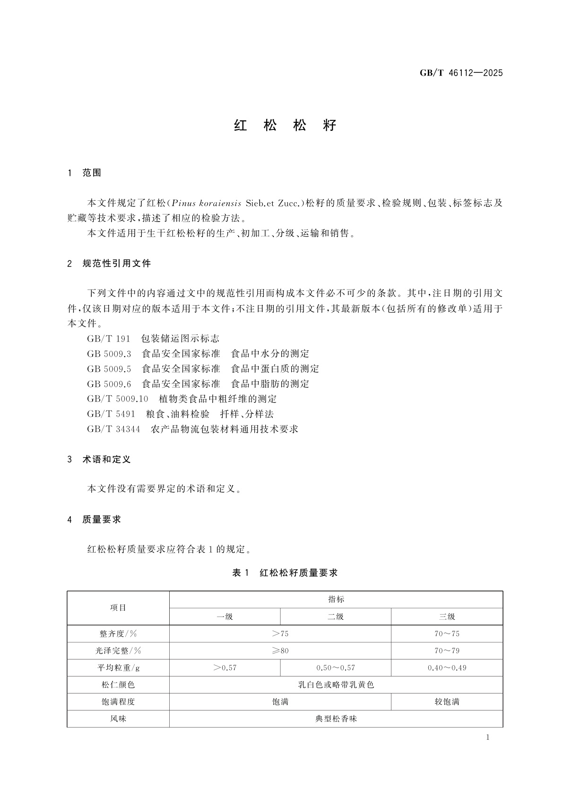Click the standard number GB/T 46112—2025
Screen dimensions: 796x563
click(x=461, y=73)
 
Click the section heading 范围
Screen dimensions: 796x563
click(x=92, y=173)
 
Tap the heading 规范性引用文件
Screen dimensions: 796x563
click(x=116, y=264)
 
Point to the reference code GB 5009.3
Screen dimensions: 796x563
click(x=109, y=354)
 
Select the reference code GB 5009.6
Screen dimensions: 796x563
click(x=109, y=384)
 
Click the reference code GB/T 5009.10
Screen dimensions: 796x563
click(x=117, y=399)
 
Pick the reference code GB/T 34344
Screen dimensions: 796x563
click(x=113, y=429)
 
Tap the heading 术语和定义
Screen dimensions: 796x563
click(x=106, y=459)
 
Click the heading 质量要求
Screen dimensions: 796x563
click(x=102, y=520)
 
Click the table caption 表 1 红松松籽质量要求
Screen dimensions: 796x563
click(x=285, y=573)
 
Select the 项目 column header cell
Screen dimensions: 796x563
click(x=118, y=608)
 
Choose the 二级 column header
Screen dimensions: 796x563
click(x=336, y=617)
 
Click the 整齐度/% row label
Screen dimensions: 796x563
click(x=118, y=634)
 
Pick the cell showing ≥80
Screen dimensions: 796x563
click(x=280, y=651)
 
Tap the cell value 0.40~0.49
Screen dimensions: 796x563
click(x=447, y=668)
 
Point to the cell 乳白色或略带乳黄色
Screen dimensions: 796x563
click(x=336, y=685)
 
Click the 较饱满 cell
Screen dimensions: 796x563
click(x=447, y=702)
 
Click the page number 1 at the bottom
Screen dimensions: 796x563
click(x=487, y=738)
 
